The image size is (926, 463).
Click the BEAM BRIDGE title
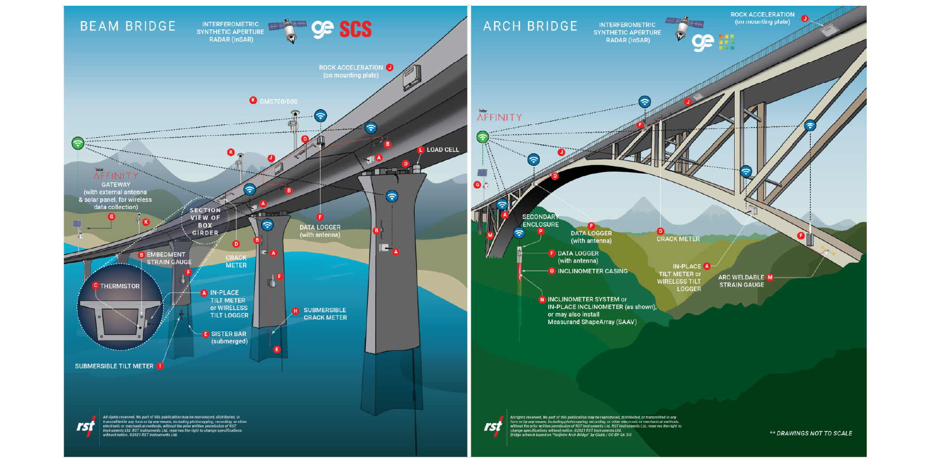coord(128,26)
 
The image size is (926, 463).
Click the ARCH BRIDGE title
coord(530,26)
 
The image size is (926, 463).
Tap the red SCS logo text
coord(355,29)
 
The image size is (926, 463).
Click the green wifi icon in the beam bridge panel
coord(78,143)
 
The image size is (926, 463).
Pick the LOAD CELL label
coord(443,150)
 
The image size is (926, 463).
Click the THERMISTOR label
coord(120,286)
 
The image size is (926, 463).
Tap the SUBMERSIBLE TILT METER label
coord(114,366)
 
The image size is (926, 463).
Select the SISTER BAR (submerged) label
coord(229,337)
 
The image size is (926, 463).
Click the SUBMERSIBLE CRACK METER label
coord(325,314)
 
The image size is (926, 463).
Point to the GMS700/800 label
coord(279,102)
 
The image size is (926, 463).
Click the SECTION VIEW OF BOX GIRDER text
coord(205,222)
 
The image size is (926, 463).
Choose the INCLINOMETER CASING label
coord(592,271)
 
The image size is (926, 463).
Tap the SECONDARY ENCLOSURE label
coord(540,221)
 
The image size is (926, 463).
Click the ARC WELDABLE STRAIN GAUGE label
coord(741,281)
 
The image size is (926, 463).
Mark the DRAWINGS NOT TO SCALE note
coord(811,433)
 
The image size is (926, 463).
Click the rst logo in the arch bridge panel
coord(493,426)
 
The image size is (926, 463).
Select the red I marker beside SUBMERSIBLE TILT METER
coord(160,366)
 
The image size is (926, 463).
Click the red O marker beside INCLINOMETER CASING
coord(551,271)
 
